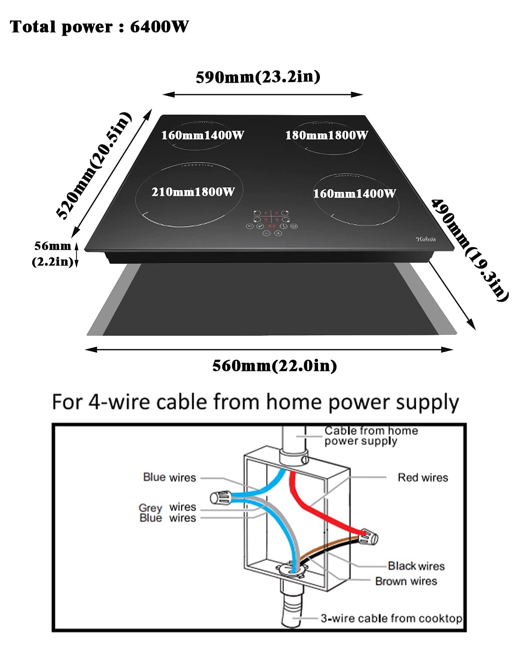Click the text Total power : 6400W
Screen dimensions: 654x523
point(99,27)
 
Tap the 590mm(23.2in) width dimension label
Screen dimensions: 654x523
point(258,77)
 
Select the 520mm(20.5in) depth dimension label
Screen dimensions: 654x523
point(94,166)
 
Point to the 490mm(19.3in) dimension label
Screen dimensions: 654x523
point(470,249)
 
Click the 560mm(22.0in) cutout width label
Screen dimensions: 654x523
point(275,365)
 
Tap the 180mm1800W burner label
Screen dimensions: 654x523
point(326,136)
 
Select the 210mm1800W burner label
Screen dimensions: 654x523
point(193,192)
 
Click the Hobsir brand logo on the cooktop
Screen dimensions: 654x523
point(426,239)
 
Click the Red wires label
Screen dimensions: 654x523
point(423,478)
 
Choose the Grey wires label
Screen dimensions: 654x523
point(167,508)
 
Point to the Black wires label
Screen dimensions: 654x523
point(416,566)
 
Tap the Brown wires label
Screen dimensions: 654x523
point(406,581)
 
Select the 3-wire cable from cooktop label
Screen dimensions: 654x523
point(391,618)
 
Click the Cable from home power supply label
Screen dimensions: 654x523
point(371,436)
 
